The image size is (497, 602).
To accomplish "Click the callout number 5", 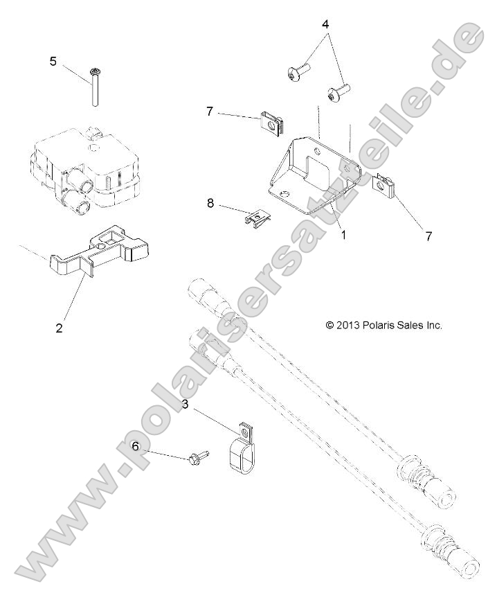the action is tap(53, 62).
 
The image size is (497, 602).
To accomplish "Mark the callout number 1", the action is tap(344, 234).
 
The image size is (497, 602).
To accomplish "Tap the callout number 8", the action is tap(210, 204).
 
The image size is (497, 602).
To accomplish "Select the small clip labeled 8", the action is tap(257, 219).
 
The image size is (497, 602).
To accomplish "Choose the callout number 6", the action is tap(136, 447).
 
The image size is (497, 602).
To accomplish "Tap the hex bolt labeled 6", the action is tap(195, 459).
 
